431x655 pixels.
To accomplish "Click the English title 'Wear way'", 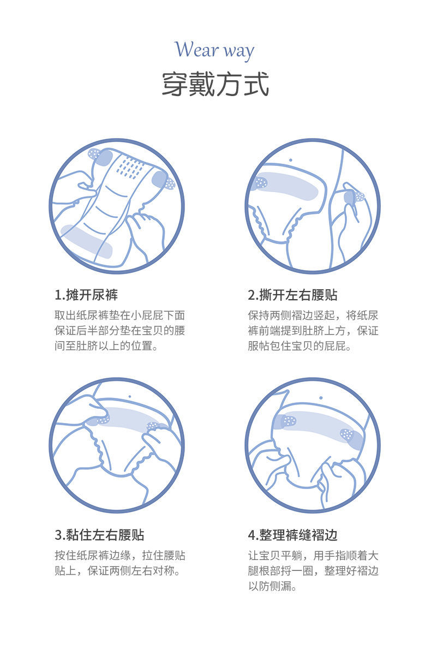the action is tap(214, 50).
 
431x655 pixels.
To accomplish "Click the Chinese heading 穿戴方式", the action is tap(215, 84).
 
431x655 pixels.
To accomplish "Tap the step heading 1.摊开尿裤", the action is tap(86, 295).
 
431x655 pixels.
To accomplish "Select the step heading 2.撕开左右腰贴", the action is tap(292, 295).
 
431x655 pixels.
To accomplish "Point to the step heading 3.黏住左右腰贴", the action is tap(99, 535).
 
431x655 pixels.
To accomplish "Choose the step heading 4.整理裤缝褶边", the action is tap(292, 535).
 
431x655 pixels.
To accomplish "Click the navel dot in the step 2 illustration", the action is tap(290, 160).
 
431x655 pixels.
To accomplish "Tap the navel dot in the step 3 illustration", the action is tap(130, 397).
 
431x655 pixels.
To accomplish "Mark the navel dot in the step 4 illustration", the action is tap(321, 398).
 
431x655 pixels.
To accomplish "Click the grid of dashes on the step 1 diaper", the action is tap(130, 168).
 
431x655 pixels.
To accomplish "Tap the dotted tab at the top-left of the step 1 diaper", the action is tap(94, 154).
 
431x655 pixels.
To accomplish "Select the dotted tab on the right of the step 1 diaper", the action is tap(170, 183).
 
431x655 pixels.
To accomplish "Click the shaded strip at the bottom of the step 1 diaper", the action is tap(86, 241).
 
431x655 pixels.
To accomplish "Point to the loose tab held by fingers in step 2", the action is tap(354, 197).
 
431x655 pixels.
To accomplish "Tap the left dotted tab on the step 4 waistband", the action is tap(289, 421).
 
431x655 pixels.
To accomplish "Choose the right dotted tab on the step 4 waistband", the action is tap(347, 434).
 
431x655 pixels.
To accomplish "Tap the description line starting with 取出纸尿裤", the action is tap(119, 315).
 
